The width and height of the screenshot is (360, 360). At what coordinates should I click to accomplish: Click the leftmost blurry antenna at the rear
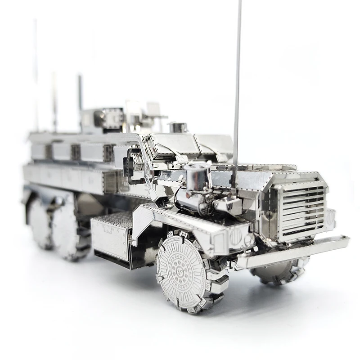tap(36, 76)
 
